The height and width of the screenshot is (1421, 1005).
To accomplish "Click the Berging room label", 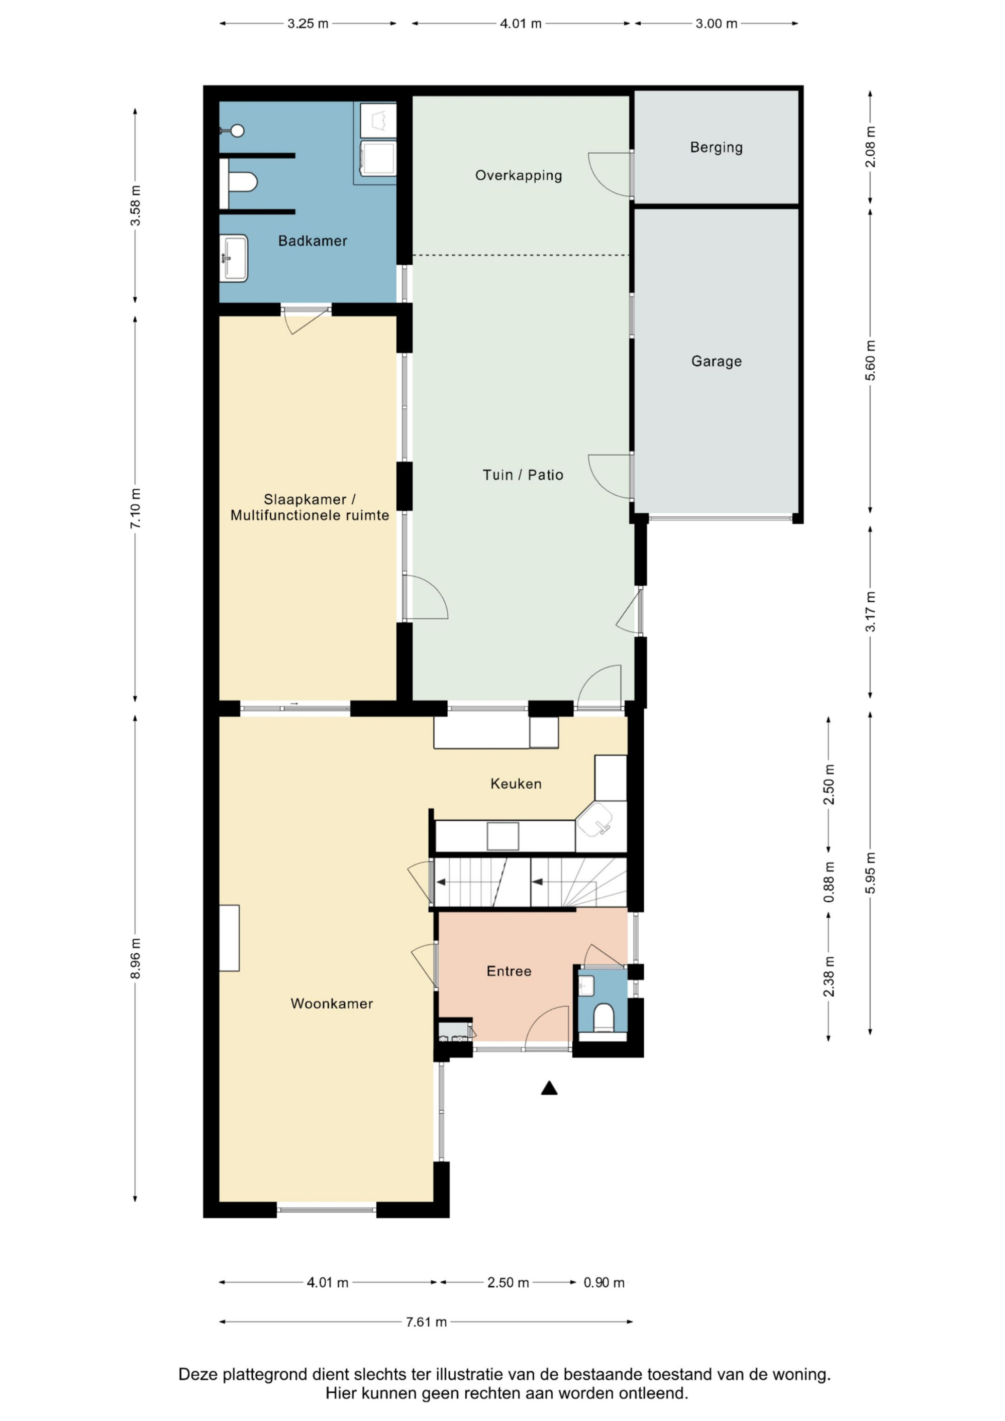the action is coord(716,147).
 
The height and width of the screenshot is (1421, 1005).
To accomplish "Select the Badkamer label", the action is coord(312,241).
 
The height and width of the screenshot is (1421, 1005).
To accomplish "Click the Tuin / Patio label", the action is coord(523,475).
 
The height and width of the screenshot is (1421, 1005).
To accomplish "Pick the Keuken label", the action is coord(516,784).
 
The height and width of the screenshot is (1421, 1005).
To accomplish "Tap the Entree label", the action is coord(509,971).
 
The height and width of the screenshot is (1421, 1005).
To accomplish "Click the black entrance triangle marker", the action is coord(549,1087).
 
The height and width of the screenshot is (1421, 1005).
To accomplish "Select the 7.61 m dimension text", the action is coord(426,1322).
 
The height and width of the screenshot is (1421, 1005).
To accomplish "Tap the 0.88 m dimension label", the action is coord(829,882).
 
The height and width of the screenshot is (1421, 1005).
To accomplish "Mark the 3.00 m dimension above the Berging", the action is coord(716,24).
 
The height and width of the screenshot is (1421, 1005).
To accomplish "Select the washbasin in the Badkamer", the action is coord(234,258).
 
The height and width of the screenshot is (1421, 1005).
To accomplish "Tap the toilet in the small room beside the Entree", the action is coord(603,1019).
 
